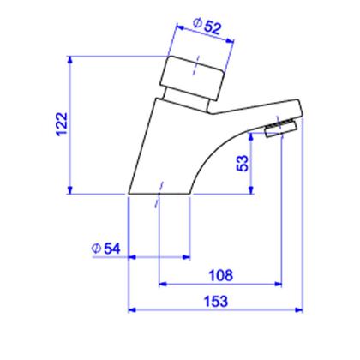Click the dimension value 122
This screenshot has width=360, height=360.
[62, 124]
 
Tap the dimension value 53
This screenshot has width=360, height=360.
[243, 163]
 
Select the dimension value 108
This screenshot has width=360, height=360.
[221, 275]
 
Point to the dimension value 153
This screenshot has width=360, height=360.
[216, 302]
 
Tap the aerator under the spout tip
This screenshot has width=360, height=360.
[281, 129]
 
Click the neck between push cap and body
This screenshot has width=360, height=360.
[186, 100]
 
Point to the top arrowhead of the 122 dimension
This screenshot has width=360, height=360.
[70, 59]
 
